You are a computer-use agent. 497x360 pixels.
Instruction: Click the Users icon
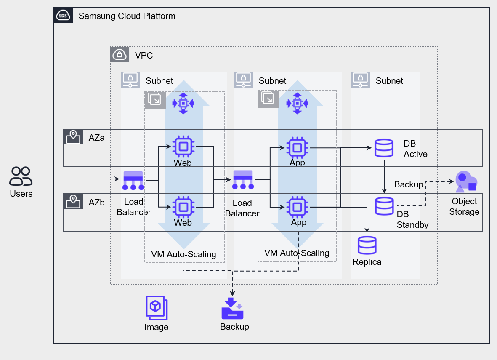(21, 176)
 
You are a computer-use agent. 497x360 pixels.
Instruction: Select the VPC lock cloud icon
(120, 55)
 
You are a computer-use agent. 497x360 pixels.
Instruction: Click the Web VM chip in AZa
(183, 147)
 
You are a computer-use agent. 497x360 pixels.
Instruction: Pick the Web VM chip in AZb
(183, 207)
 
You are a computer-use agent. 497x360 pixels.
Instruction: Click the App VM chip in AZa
(297, 148)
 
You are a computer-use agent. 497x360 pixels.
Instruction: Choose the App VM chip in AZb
(297, 207)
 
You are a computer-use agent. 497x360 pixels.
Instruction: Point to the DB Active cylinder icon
(384, 148)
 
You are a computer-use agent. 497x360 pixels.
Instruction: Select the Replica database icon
(367, 245)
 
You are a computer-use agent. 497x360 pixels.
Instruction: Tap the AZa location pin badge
(74, 137)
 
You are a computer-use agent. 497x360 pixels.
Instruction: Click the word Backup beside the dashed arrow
(408, 184)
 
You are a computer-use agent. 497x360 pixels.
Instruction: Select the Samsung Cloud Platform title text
(127, 16)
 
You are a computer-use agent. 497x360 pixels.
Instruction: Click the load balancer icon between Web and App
(243, 180)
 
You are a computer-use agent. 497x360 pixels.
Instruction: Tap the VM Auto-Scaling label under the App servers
(297, 253)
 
